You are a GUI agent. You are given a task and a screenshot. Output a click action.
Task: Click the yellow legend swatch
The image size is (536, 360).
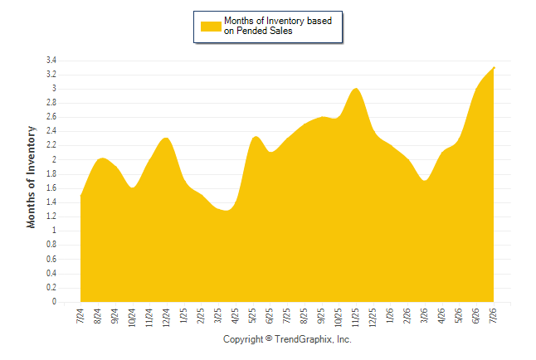(211, 27)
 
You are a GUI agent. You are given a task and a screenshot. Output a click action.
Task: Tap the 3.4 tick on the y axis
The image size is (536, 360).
(51, 61)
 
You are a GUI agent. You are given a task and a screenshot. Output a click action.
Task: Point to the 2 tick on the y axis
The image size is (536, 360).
(54, 159)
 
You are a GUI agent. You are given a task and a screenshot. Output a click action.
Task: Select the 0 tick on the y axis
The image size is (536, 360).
(54, 302)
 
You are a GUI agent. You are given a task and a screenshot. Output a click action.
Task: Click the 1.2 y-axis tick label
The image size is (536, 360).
(51, 216)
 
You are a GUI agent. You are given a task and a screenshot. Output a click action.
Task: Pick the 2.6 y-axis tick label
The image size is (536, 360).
(51, 117)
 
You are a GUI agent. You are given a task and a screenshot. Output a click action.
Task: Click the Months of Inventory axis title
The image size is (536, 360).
(31, 177)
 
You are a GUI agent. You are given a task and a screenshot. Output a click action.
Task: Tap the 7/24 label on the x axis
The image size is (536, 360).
(80, 316)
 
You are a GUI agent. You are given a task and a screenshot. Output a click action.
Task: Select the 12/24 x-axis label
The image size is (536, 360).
(166, 318)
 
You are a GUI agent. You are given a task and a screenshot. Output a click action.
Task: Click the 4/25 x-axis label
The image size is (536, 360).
(235, 316)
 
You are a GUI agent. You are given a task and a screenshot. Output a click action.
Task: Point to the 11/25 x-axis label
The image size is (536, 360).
(355, 318)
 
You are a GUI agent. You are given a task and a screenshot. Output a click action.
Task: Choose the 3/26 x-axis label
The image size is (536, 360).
(424, 316)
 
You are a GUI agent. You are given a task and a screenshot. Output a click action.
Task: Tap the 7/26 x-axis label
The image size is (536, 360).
(493, 316)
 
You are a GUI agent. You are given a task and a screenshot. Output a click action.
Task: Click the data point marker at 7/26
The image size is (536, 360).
(494, 68)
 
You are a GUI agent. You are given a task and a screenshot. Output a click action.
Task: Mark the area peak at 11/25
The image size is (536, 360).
(356, 88)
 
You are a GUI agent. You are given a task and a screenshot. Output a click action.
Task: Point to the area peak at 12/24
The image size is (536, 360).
(166, 138)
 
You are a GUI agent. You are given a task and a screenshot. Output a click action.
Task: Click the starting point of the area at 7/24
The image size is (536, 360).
(80, 196)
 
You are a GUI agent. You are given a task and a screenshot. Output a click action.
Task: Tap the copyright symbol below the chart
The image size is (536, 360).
(269, 338)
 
